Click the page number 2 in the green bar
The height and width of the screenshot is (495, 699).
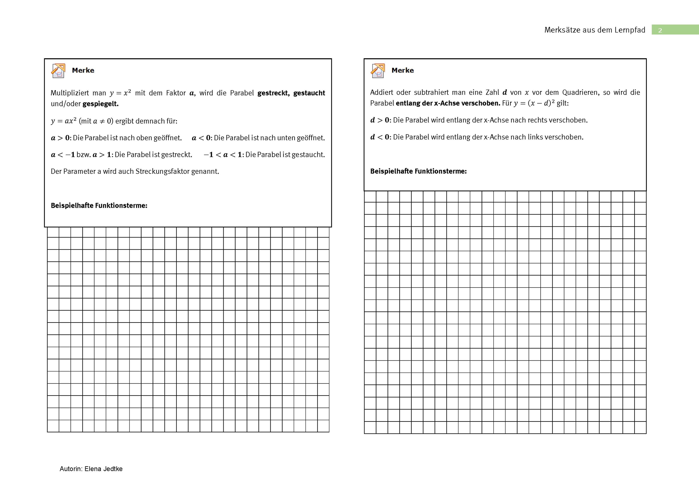pos(660,30)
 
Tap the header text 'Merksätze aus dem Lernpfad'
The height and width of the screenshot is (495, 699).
pos(595,30)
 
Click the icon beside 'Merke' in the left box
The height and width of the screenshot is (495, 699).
pos(58,71)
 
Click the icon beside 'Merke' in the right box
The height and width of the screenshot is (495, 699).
pos(378,71)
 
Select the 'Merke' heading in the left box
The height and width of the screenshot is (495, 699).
pos(83,71)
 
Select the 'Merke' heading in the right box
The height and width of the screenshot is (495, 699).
pos(402,71)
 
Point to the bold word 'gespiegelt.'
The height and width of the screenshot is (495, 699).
pos(100,104)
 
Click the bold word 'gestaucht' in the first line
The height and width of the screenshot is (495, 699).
pos(309,93)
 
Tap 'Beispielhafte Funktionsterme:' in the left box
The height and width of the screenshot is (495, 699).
pos(99,206)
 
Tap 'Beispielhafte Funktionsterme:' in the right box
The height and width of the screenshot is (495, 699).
pos(418,171)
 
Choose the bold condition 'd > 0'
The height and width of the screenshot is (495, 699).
pos(380,120)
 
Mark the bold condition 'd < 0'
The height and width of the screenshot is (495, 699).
pos(380,137)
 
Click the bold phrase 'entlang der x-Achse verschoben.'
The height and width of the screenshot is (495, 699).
pos(448,103)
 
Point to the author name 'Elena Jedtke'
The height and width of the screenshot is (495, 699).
pos(103,469)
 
